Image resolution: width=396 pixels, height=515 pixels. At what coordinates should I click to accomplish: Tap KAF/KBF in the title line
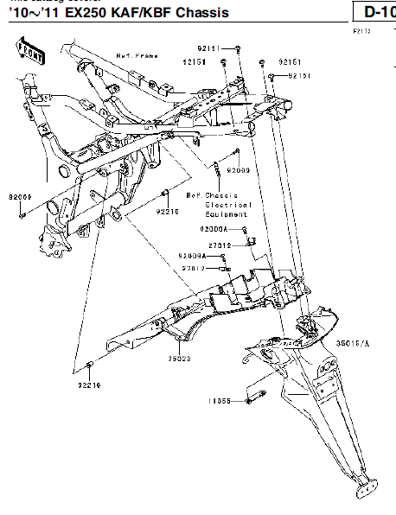[x=134, y=12]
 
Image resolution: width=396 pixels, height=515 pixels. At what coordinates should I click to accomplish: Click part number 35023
[x=179, y=357]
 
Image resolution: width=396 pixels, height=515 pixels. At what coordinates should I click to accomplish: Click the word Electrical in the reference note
[x=228, y=205]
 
